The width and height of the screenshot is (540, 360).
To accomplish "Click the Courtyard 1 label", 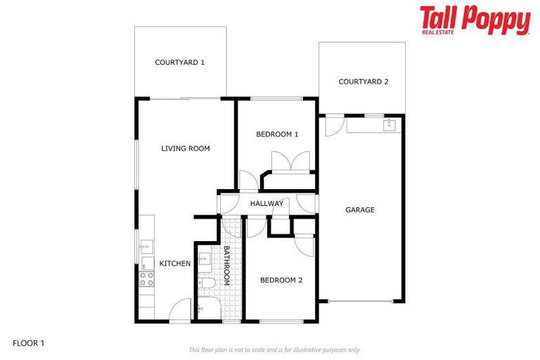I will (x=180, y=63).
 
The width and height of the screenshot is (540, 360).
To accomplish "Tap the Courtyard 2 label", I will (x=364, y=82).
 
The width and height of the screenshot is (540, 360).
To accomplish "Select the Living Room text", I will (x=186, y=148).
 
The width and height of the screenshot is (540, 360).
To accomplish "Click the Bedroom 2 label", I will (x=281, y=280).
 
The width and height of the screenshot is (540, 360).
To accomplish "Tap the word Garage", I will (x=360, y=210).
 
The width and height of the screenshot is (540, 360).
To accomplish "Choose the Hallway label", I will (x=267, y=204).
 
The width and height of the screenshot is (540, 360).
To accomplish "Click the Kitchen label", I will (x=175, y=264).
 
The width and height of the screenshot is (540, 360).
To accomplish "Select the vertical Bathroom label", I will (x=227, y=264).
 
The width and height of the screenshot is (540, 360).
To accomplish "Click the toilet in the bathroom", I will (x=206, y=284).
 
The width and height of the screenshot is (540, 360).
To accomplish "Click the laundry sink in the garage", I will (x=390, y=125).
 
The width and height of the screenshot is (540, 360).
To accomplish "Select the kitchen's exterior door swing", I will (x=181, y=309).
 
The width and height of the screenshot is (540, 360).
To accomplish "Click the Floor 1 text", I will (x=29, y=344).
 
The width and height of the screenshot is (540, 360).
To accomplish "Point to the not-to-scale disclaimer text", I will (x=274, y=349).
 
